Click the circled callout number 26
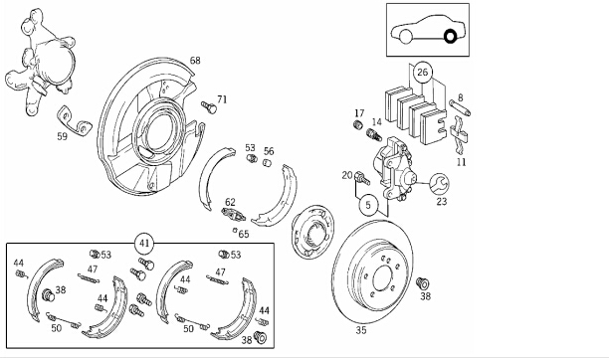(422, 72)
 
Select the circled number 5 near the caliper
(368, 205)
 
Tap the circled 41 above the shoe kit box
(144, 244)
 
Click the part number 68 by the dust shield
(195, 61)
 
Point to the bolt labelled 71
(209, 106)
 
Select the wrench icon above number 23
(439, 184)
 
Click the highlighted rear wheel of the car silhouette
(450, 37)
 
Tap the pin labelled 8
(461, 108)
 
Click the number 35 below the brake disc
(361, 330)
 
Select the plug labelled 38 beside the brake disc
(422, 283)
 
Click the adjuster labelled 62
(233, 213)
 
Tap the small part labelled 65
(235, 230)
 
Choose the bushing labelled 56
(268, 163)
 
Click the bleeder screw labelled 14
(374, 135)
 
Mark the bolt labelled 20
(361, 178)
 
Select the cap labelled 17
(358, 125)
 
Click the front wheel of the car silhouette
(405, 37)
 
